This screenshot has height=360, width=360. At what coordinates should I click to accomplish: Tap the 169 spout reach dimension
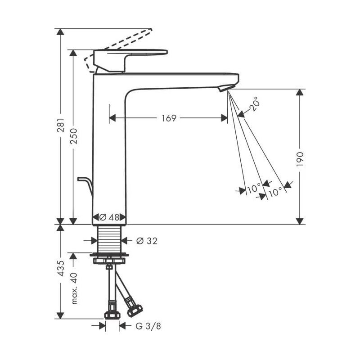point(169,118)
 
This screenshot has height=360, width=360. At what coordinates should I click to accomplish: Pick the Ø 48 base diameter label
point(109,217)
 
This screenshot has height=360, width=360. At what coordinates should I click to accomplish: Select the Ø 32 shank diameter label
point(146,241)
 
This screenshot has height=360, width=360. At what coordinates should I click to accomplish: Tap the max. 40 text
point(75,288)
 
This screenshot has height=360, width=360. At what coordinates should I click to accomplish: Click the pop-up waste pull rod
point(85,184)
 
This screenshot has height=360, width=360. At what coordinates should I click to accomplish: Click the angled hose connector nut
point(134,310)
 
